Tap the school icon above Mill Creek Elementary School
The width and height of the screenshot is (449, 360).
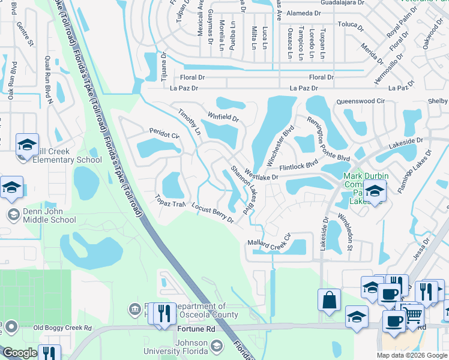(x=27, y=145)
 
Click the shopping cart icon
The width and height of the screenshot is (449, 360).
(x=414, y=314)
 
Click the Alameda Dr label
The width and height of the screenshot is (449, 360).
(x=304, y=13)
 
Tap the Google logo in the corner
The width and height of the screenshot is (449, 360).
(x=20, y=353)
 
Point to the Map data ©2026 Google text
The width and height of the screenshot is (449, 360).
(x=411, y=355)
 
